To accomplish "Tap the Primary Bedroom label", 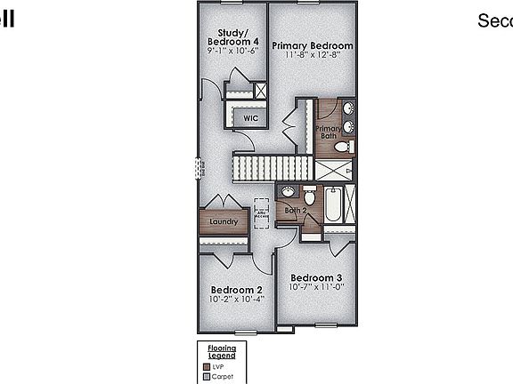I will (x=313, y=45).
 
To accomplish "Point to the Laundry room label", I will (x=223, y=222).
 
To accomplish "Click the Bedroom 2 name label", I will (x=236, y=290).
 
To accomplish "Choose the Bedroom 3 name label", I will (x=316, y=277).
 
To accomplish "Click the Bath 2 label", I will (x=296, y=211).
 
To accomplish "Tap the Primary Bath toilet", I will (x=348, y=146).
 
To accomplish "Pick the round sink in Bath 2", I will (x=288, y=192).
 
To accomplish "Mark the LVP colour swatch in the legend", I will (x=205, y=365).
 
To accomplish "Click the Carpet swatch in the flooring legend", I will (x=205, y=376).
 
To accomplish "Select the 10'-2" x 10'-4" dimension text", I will (x=236, y=299).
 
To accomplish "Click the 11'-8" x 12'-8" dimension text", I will (x=313, y=55).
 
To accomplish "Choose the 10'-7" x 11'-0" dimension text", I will (x=316, y=286).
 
